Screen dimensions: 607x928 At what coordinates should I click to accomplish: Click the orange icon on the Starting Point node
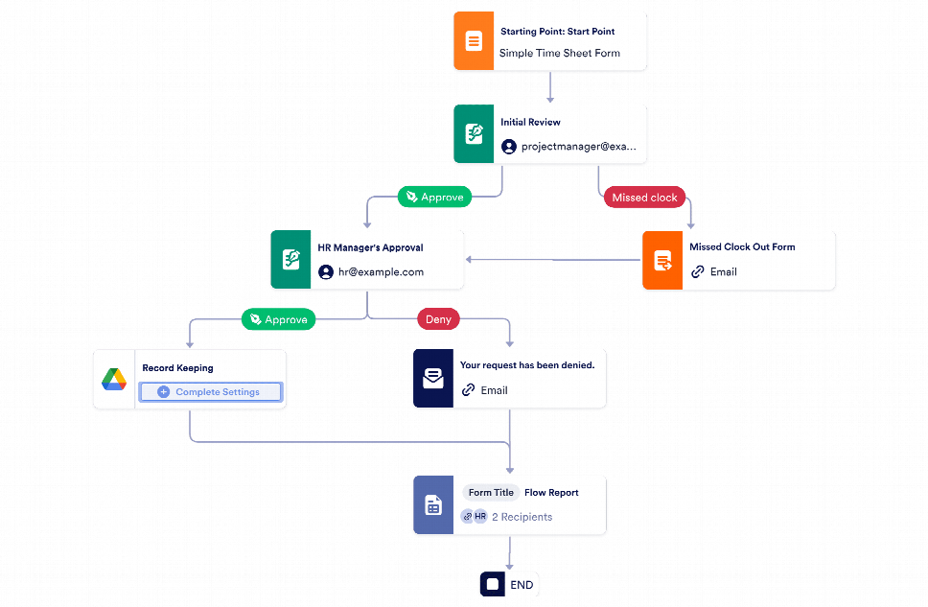[x=473, y=41]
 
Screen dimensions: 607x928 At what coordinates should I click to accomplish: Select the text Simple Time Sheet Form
[x=559, y=54]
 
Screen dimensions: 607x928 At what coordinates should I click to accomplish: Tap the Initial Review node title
[x=530, y=123]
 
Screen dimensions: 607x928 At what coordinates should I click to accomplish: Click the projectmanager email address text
[x=578, y=147]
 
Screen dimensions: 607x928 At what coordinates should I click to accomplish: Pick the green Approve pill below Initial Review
[x=435, y=198]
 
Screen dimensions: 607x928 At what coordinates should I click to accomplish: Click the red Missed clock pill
[x=644, y=198]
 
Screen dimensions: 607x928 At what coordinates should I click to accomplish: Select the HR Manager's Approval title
[x=370, y=247]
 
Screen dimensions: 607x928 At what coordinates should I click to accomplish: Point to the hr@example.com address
[x=381, y=272]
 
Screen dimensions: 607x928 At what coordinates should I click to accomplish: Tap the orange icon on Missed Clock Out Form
[x=661, y=261]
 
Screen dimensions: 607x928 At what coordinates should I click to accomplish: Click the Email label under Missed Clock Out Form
[x=723, y=272]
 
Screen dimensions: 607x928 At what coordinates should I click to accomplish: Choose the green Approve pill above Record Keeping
[x=279, y=319]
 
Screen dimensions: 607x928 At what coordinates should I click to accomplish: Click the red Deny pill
[x=437, y=319]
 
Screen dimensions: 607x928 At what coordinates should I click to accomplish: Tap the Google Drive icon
[x=114, y=380]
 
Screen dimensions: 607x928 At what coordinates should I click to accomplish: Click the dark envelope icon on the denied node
[x=432, y=379]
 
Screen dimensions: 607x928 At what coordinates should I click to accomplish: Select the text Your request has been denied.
[x=526, y=365]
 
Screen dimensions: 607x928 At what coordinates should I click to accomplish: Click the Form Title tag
[x=492, y=493]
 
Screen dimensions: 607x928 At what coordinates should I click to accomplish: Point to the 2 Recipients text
[x=522, y=517]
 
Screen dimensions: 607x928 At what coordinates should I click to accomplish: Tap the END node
[x=510, y=584]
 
